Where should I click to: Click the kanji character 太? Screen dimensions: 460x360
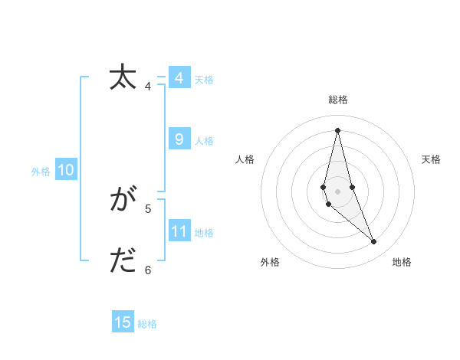pos(123,78)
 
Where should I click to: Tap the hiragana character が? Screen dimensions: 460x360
pos(123,201)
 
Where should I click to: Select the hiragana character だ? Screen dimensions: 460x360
pos(123,262)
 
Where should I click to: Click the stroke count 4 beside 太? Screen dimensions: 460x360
pos(148,86)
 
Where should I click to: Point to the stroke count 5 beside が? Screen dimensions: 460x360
pos(148,208)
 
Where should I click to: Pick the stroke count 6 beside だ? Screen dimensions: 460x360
pos(148,270)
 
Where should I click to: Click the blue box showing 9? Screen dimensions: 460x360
pos(179,139)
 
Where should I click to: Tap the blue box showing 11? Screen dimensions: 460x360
pos(179,231)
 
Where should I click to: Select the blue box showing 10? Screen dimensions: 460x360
pos(66,171)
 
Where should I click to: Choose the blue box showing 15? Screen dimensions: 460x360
pos(123,322)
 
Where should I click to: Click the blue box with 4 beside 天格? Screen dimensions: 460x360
pos(179,78)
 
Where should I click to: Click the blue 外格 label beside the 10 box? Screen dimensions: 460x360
pos(41,172)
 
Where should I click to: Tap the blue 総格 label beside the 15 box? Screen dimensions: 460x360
pos(147,323)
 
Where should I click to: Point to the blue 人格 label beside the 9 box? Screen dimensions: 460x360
pos(205,140)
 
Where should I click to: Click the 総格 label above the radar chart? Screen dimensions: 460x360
pos(338,100)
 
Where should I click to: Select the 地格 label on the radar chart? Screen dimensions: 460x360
pos(402,262)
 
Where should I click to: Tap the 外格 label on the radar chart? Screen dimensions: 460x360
pos(270,262)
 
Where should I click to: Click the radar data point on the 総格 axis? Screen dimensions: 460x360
pos(337,130)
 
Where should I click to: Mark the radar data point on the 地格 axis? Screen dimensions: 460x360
pos(374,241)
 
